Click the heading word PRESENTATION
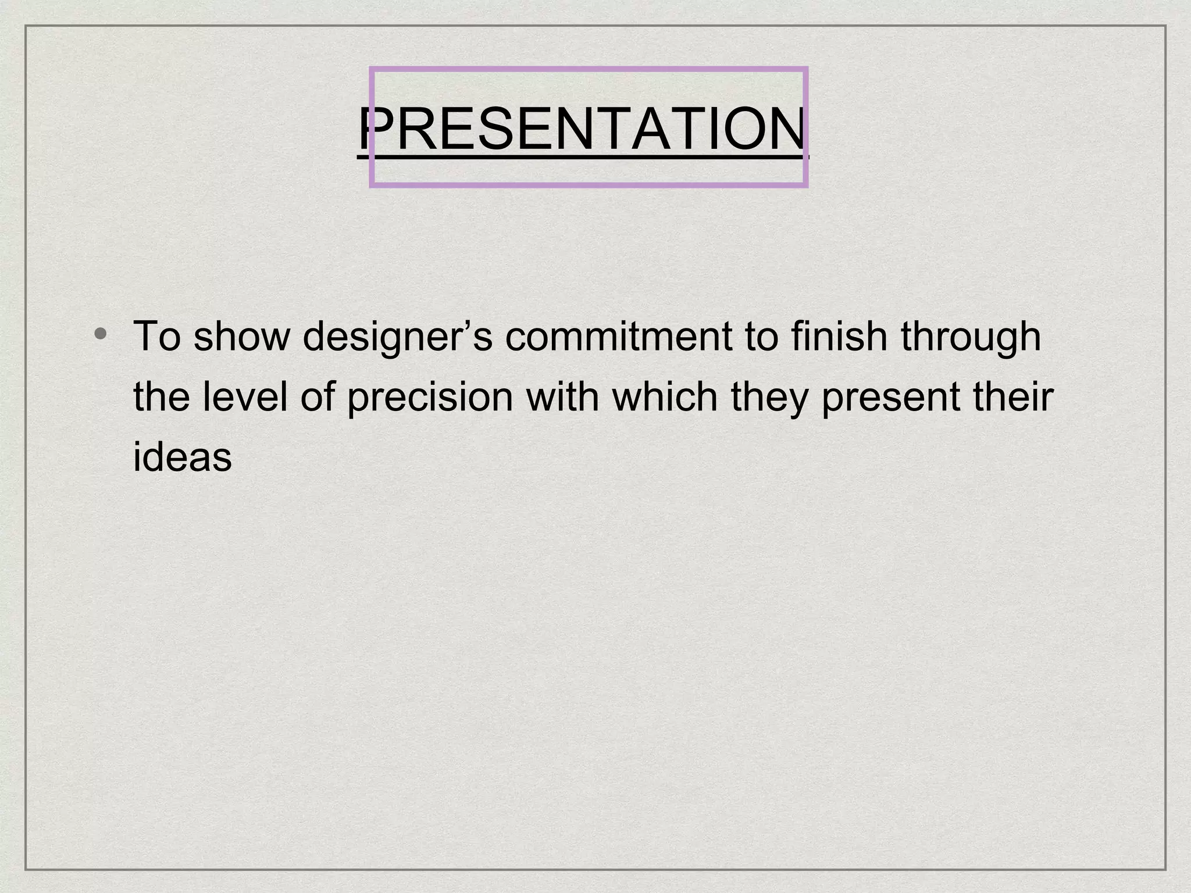coord(583,129)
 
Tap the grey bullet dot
coord(101,333)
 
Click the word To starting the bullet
coord(157,337)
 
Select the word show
coord(241,337)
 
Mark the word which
coord(665,398)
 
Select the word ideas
coord(182,457)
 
